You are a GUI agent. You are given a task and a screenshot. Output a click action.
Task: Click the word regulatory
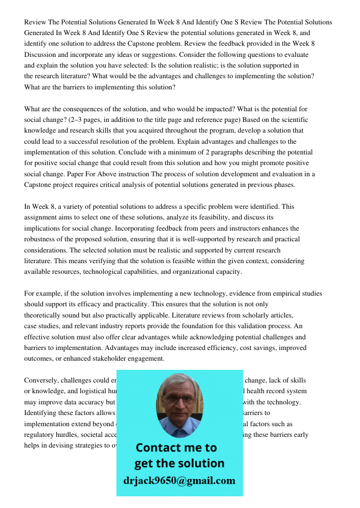point(41,435)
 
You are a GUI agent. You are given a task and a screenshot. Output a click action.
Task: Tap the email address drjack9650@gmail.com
point(179,481)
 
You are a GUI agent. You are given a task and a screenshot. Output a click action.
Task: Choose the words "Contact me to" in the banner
point(176,448)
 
